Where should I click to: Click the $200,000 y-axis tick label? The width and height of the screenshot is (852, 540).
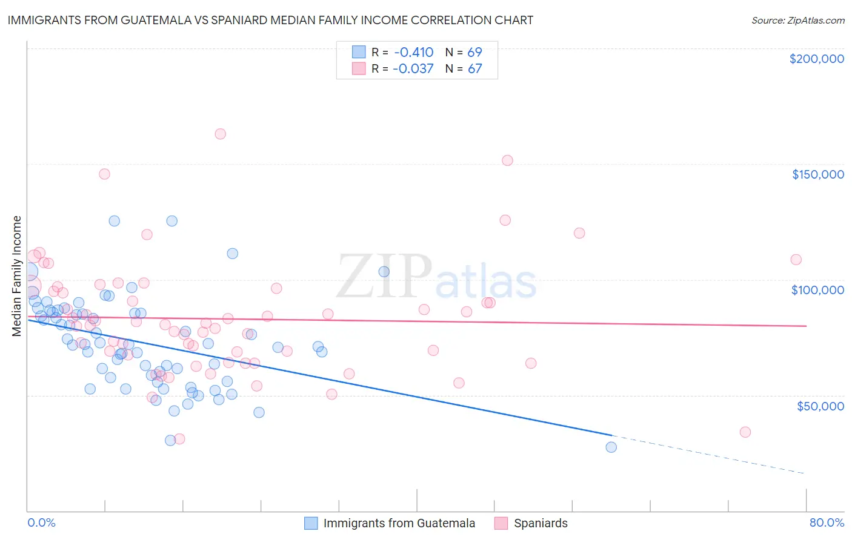(816, 59)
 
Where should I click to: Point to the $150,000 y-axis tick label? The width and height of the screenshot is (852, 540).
(817, 174)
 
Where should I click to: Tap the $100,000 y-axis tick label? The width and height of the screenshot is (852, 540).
(817, 290)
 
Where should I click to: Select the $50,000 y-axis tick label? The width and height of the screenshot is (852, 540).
(820, 406)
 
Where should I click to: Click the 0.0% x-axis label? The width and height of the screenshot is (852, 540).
(41, 523)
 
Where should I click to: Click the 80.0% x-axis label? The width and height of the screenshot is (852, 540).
(827, 523)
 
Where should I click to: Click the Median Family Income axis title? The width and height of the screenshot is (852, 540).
(17, 276)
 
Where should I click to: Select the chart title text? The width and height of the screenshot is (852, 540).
(270, 20)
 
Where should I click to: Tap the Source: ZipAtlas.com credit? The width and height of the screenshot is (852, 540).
(797, 21)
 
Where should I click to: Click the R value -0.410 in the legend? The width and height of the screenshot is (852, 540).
(413, 52)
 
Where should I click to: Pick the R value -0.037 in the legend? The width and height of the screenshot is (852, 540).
(413, 69)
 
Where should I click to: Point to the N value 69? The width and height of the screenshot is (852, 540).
(474, 52)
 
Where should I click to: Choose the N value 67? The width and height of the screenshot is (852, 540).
(474, 69)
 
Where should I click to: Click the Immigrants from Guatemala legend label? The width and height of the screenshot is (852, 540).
(399, 524)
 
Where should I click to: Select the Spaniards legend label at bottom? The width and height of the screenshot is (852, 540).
(541, 524)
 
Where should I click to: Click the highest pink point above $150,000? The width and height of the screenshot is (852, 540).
(221, 134)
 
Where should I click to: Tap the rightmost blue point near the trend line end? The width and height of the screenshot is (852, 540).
(611, 447)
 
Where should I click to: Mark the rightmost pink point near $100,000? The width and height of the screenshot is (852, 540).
(796, 260)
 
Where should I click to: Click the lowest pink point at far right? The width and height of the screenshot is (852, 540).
(745, 432)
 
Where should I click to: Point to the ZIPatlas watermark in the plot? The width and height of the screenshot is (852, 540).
(436, 277)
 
